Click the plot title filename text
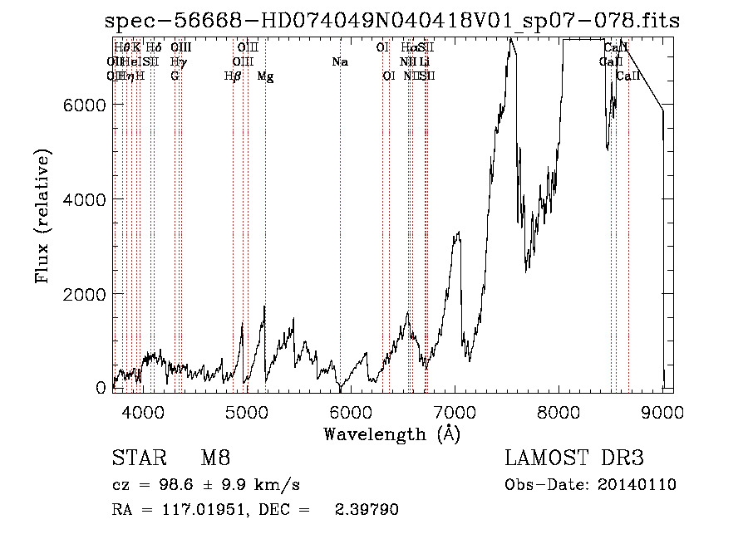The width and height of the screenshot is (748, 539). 392,22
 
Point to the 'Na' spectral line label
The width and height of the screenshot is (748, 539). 339,61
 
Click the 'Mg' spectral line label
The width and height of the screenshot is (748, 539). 265,76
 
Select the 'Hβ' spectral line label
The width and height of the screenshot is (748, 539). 233,76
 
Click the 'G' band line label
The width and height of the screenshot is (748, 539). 175,76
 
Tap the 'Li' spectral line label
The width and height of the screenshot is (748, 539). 424,61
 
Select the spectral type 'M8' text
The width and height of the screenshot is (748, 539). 215,458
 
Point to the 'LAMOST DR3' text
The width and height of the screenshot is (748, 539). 573,458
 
